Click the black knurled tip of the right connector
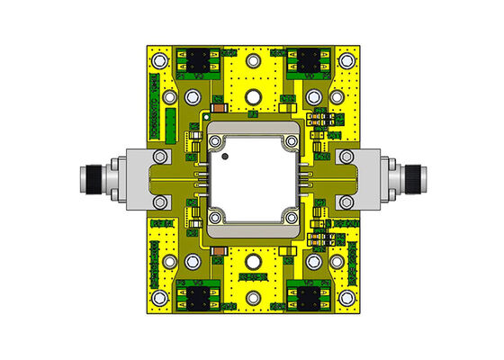[x=415, y=174]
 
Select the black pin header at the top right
[x=308, y=61]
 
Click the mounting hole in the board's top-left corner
[x=159, y=60]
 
